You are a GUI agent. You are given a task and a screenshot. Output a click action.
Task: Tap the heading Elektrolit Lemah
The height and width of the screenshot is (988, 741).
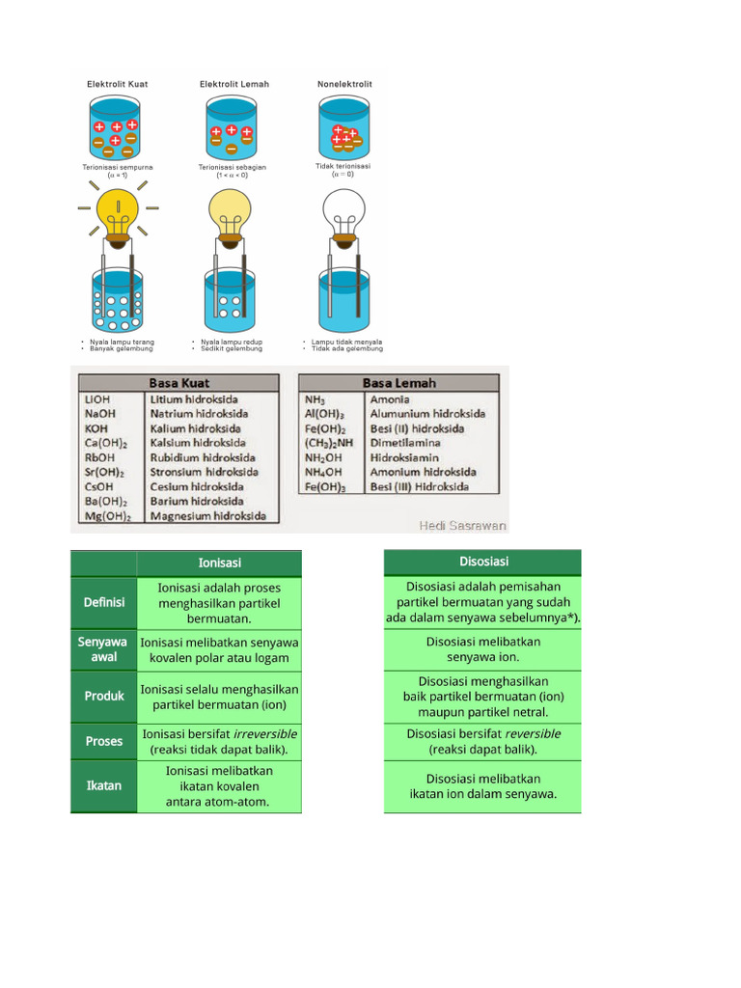tap(234, 84)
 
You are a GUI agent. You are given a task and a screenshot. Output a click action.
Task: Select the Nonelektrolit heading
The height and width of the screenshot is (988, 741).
tap(344, 84)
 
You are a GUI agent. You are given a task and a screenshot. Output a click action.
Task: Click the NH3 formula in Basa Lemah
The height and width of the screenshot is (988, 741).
tap(316, 399)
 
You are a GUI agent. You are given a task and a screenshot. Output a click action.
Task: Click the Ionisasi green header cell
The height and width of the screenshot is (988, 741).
tap(219, 563)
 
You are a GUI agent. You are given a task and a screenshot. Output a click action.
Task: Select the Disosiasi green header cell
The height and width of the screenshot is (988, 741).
tap(483, 562)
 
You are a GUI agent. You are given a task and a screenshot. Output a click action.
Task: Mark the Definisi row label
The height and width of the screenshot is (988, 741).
tap(103, 602)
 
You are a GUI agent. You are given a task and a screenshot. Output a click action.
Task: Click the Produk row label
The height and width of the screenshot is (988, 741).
tap(103, 696)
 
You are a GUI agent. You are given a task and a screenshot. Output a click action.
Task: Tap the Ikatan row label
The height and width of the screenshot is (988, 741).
tap(103, 785)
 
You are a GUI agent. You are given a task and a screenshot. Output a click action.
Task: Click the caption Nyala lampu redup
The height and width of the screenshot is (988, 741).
tap(231, 342)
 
